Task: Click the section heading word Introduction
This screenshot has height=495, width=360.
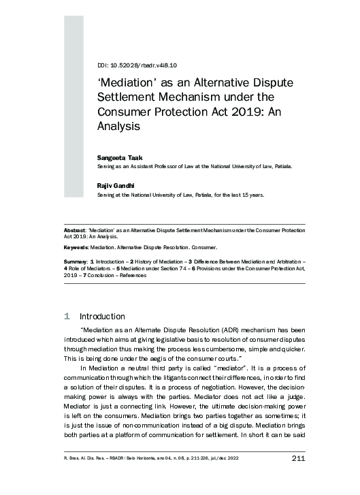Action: [102, 316]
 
